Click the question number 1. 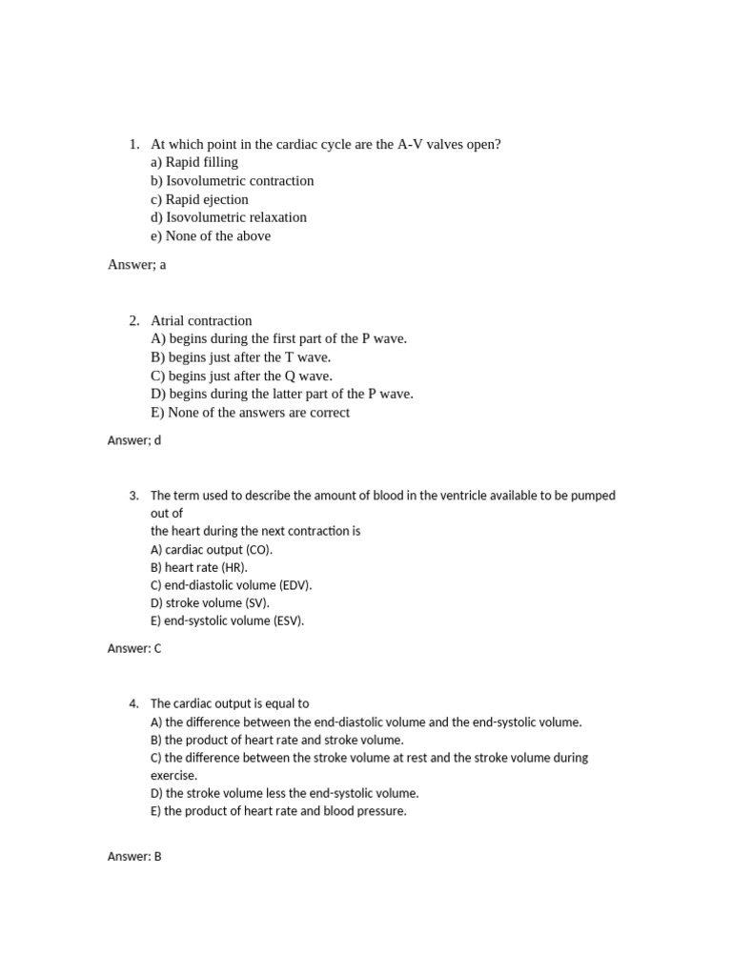click(x=133, y=144)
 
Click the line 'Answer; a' click(x=137, y=265)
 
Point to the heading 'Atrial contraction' click(x=201, y=320)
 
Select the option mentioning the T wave click(x=241, y=357)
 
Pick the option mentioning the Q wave click(x=242, y=376)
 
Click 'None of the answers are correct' click(x=250, y=413)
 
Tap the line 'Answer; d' click(x=137, y=440)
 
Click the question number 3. click(x=133, y=496)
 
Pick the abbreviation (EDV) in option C click(x=292, y=585)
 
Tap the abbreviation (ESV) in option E click(x=285, y=620)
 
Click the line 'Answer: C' click(x=135, y=648)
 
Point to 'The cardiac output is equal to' click(x=230, y=703)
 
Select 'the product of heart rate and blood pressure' click(x=278, y=811)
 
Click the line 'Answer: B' click(x=134, y=857)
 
